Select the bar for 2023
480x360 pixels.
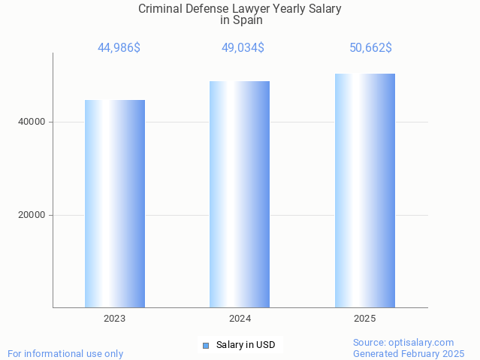point(114,203)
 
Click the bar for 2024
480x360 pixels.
point(240,194)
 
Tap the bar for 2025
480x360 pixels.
point(364,190)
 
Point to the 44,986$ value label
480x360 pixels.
point(119,48)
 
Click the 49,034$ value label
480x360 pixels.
point(242,48)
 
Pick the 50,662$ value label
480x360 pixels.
point(370,48)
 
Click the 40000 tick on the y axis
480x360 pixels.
point(32,122)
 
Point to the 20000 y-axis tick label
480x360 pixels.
point(32,215)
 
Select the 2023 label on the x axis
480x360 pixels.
point(114,319)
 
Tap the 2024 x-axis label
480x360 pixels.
point(240,319)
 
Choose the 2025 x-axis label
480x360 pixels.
point(364,319)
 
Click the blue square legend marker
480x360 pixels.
point(205,346)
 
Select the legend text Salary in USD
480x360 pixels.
point(246,346)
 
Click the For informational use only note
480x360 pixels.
point(65,353)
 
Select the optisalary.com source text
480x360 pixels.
point(421,342)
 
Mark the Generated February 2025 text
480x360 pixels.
point(409,353)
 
